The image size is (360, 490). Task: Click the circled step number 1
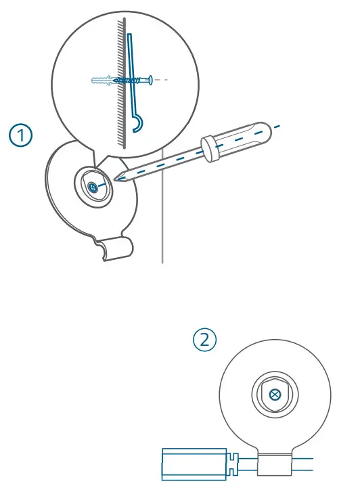tap(22, 135)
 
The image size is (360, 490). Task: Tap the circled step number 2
tap(205, 340)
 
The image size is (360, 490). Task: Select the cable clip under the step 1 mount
tap(111, 250)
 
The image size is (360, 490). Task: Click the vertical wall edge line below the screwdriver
tap(162, 230)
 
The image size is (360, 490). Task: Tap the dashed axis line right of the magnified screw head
tap(162, 79)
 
